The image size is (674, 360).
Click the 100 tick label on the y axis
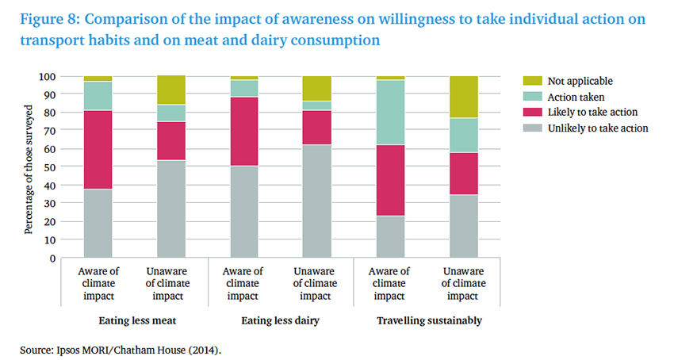[x=47, y=77]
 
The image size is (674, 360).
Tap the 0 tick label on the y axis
[x=52, y=259]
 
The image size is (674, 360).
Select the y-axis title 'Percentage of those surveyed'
[x=29, y=167]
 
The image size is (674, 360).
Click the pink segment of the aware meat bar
[x=98, y=149]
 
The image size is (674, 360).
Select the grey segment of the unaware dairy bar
[x=316, y=201]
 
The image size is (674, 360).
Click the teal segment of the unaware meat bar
[x=171, y=113]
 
